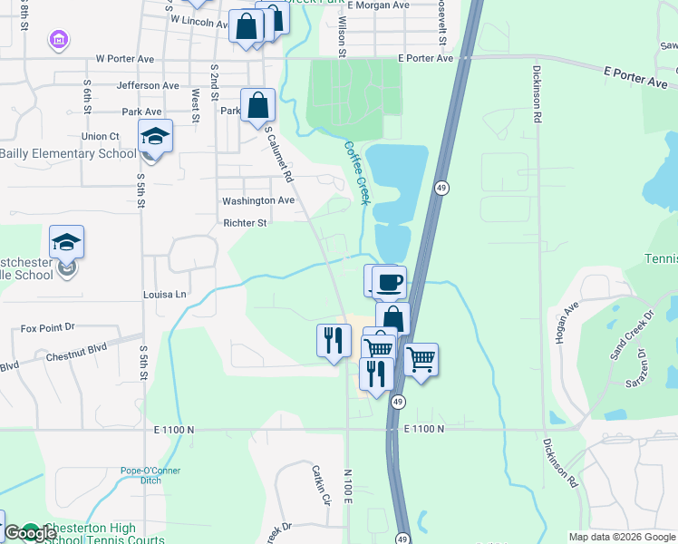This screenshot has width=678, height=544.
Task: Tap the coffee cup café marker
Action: [x=389, y=282]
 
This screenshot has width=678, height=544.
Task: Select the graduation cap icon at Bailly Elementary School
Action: [x=155, y=137]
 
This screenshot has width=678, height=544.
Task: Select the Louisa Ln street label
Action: [x=164, y=295]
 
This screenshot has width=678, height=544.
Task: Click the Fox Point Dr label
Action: [x=46, y=328]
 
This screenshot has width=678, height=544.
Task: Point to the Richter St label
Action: [x=245, y=222]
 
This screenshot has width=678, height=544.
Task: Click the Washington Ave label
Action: [x=258, y=200]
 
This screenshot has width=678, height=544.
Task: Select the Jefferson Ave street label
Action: [x=148, y=85]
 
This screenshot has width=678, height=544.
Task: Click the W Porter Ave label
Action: [x=125, y=59]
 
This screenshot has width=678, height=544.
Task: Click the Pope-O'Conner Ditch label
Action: [x=150, y=475]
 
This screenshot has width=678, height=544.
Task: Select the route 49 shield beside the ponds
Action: [x=441, y=188]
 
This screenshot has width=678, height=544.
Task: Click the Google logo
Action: [x=30, y=533]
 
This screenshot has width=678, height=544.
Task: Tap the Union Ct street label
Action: [x=101, y=136]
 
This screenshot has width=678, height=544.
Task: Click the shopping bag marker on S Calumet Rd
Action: [x=258, y=105]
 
